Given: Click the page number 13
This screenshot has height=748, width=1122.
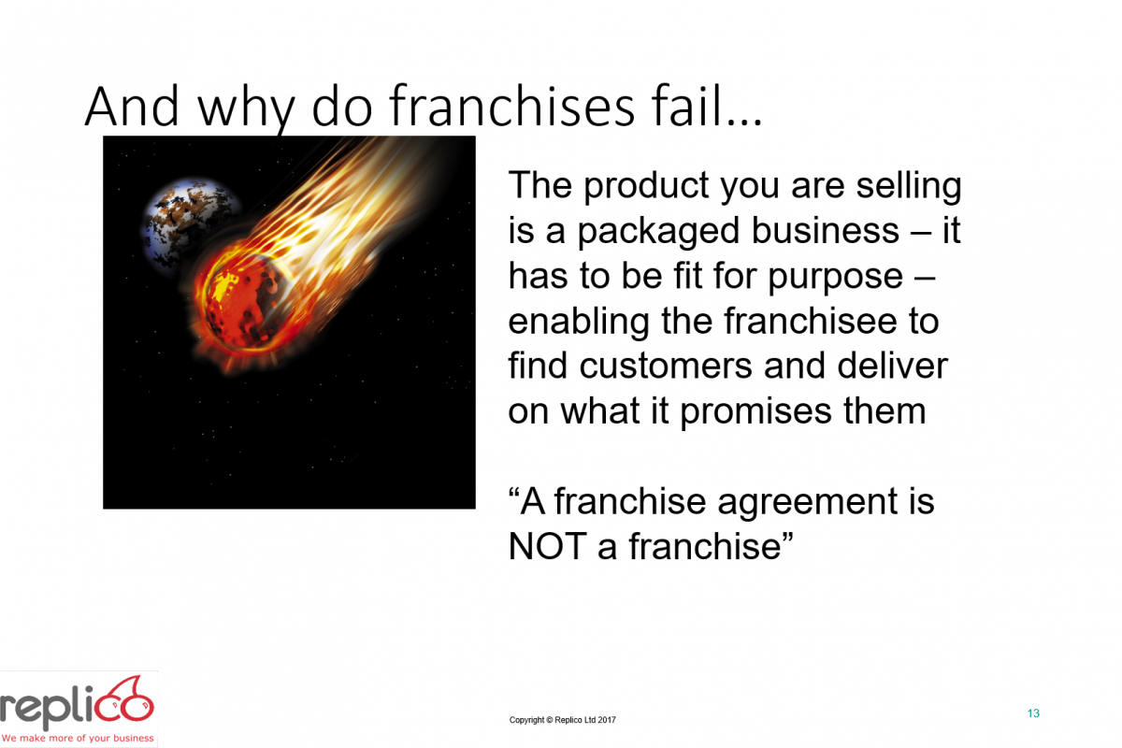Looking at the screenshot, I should pyautogui.click(x=1033, y=713).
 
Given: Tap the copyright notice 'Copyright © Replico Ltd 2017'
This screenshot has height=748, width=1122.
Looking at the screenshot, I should pyautogui.click(x=563, y=720).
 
